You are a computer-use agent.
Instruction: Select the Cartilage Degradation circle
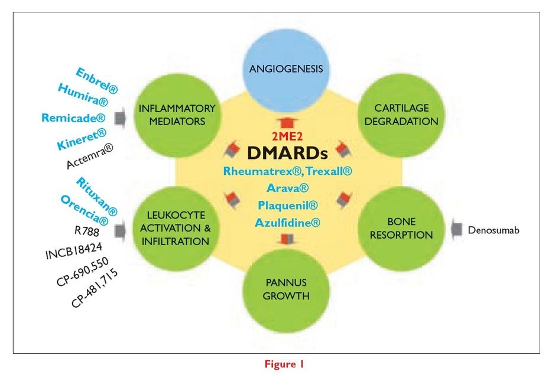point(401,115)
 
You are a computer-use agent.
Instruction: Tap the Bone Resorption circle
point(401,228)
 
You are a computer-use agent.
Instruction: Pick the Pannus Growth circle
point(286,288)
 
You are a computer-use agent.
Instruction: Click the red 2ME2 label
point(287,138)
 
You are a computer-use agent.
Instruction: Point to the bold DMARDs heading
point(287,153)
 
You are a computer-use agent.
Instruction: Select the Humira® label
point(88,97)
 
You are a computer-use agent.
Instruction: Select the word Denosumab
point(493,229)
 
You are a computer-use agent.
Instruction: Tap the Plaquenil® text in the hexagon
point(287,206)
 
